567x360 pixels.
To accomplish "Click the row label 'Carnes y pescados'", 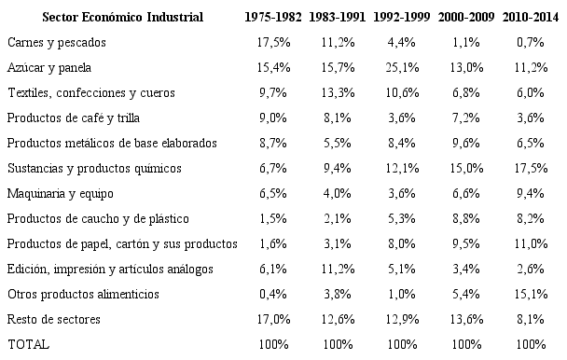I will [x=55, y=43].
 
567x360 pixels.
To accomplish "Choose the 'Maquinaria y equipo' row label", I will [x=59, y=194].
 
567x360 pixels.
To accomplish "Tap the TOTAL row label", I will [x=28, y=345].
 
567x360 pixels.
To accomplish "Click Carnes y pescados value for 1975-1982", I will [x=275, y=43].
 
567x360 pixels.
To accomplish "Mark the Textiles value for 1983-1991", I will [x=339, y=93].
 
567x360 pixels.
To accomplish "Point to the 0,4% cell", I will [x=275, y=295].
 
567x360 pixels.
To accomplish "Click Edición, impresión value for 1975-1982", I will [x=275, y=270].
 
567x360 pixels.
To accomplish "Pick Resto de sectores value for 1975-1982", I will [x=275, y=320].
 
